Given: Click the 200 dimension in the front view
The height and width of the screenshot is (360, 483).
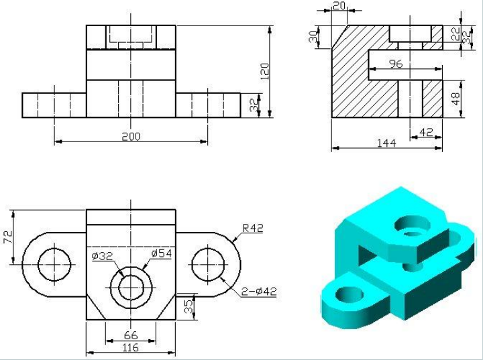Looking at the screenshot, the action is [131, 136].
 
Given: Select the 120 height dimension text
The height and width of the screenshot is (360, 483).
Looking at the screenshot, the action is [264, 71].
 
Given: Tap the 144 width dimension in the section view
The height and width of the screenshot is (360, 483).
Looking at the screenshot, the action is [386, 143].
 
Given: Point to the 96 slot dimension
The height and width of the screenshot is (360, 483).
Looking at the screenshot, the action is [396, 64].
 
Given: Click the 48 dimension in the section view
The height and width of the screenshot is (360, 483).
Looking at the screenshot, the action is [456, 99].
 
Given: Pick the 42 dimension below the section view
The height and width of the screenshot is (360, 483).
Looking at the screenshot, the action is [427, 132].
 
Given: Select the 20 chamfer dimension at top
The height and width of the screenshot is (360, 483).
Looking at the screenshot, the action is [339, 5].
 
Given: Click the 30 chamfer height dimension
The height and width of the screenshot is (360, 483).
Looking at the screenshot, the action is [313, 37].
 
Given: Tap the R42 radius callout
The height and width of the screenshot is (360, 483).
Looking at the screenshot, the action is [253, 228].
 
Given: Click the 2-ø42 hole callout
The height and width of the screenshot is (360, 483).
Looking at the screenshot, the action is [259, 292].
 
